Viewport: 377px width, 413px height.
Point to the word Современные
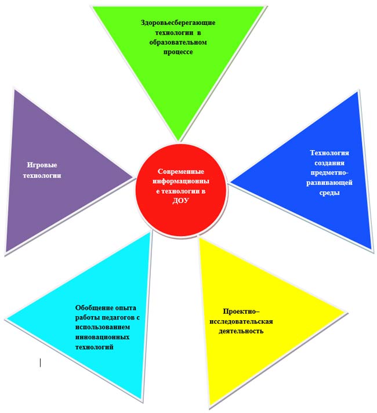pos(182,171)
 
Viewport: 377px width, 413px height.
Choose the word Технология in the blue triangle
pos(329,153)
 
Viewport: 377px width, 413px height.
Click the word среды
pos(329,193)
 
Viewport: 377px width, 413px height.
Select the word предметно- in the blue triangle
pos(329,173)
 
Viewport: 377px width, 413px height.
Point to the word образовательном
pos(177,42)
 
